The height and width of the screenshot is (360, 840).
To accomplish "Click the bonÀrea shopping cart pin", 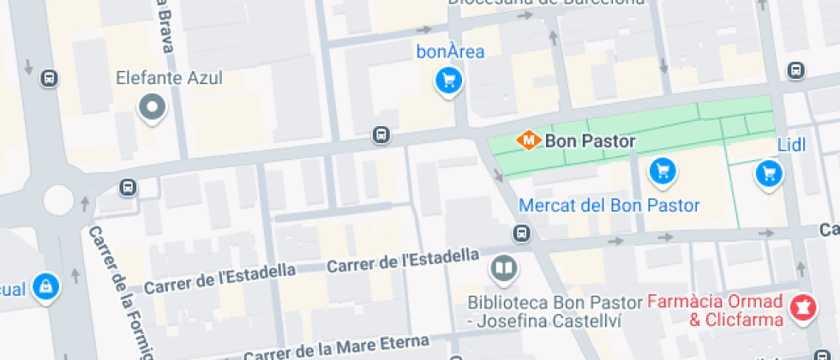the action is pos(448,81).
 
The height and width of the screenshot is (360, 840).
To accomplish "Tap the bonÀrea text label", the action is pos(450,51).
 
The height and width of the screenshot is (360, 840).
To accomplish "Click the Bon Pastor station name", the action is pos(591,141).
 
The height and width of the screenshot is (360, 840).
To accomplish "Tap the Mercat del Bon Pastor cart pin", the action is pos(662,171).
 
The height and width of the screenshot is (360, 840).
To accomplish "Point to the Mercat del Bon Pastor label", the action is pos(609,206).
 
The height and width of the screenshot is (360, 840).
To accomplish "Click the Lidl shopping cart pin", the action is pos(769,174).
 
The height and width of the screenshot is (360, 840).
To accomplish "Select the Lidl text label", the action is pos(792,145).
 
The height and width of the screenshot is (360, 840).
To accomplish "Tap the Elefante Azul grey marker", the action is pos(153,108).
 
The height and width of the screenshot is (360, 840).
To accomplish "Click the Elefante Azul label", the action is pos(170,79).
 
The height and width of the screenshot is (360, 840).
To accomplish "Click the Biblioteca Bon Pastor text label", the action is pos(555,312).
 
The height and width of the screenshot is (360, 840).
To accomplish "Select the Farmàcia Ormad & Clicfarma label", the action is pos(715,311).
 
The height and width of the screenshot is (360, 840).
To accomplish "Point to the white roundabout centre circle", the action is pos(58,201).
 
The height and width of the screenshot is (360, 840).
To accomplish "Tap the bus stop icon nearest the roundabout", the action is pos(128,187).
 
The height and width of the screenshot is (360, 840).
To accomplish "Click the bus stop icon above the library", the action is pos(521,233).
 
